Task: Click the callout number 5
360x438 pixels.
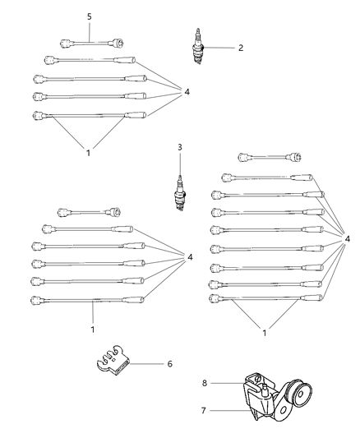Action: pyautogui.click(x=90, y=16)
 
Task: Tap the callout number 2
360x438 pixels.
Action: pyautogui.click(x=240, y=48)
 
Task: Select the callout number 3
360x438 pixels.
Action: pyautogui.click(x=178, y=148)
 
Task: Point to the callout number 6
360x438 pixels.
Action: pyautogui.click(x=169, y=362)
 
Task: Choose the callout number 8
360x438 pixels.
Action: pyautogui.click(x=205, y=382)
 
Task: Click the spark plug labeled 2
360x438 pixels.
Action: pyautogui.click(x=196, y=48)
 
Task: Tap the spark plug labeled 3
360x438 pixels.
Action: pyautogui.click(x=178, y=194)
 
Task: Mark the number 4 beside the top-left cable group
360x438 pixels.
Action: pyautogui.click(x=188, y=92)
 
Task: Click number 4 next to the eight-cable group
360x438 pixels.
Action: pyautogui.click(x=348, y=239)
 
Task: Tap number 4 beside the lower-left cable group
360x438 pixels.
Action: pyautogui.click(x=190, y=257)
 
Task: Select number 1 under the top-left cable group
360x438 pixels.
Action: pyautogui.click(x=88, y=151)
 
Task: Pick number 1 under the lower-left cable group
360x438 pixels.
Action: pyautogui.click(x=93, y=330)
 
